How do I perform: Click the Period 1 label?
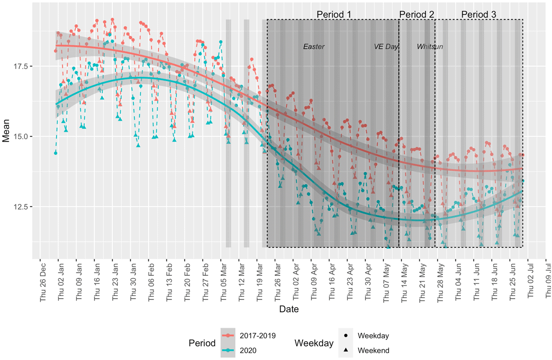pyautogui.click(x=334, y=14)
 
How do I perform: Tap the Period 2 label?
pyautogui.click(x=416, y=14)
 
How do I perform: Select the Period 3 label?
pyautogui.click(x=478, y=14)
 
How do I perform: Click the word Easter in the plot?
pyautogui.click(x=314, y=47)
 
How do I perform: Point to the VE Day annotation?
pyautogui.click(x=385, y=47)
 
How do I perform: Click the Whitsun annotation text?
pyautogui.click(x=430, y=47)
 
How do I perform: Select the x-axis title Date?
pyautogui.click(x=289, y=309)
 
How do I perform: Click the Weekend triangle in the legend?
pyautogui.click(x=345, y=350)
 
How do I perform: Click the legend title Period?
pyautogui.click(x=201, y=343)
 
